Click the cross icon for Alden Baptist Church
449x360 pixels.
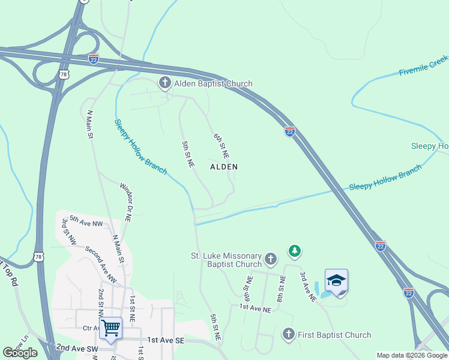(165, 83)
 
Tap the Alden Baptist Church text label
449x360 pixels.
(213, 84)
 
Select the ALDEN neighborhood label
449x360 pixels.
(223, 167)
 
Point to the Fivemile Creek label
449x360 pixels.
(424, 65)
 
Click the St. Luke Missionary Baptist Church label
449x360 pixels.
(226, 260)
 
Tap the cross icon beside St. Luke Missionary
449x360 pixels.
(271, 259)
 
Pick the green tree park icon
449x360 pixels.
(294, 250)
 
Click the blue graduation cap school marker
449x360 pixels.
(336, 280)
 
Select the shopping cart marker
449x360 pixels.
(111, 328)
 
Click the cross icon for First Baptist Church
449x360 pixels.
(289, 334)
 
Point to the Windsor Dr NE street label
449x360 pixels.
(125, 203)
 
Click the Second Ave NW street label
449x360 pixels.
(101, 265)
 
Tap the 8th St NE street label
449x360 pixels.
(280, 289)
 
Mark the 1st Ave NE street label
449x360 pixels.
(256, 308)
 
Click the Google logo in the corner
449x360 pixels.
(20, 353)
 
